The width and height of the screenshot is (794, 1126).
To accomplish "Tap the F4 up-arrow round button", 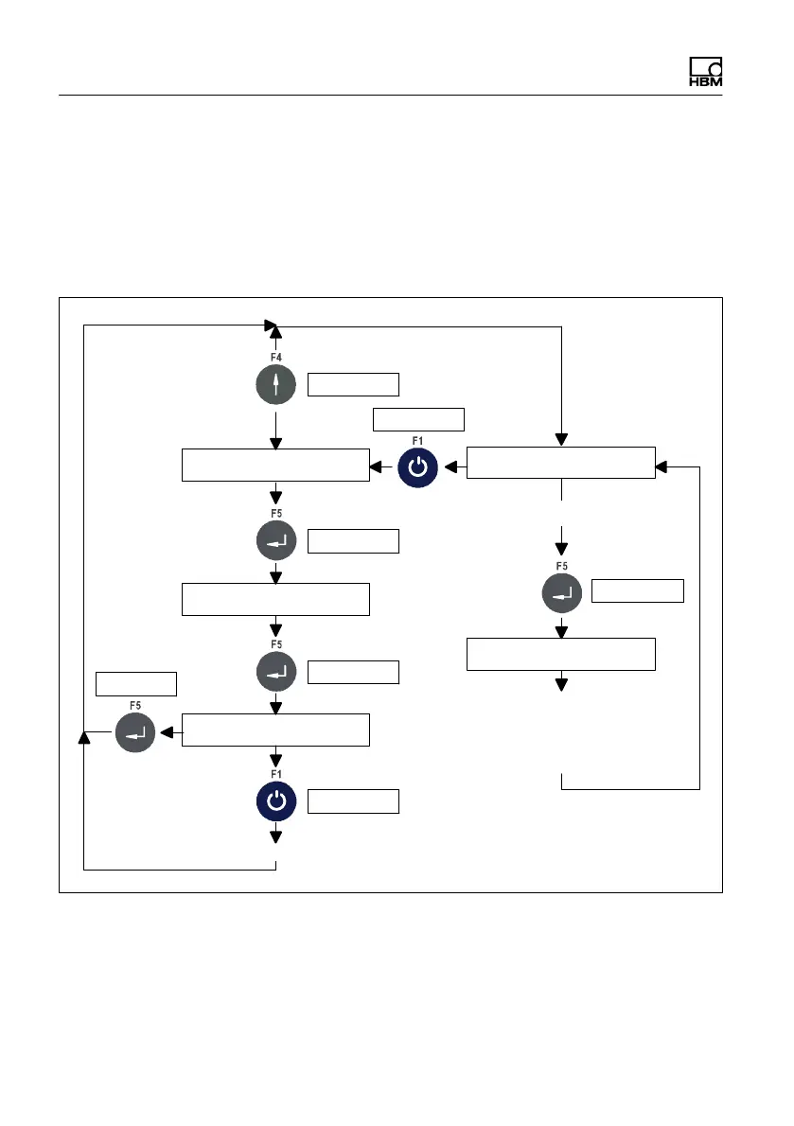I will point(275,384).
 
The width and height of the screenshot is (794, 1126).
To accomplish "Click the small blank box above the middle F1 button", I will point(419,420).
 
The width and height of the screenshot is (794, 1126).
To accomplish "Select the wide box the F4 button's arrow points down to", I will point(275,466).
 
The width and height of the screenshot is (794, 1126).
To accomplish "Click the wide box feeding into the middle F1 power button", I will point(560,463).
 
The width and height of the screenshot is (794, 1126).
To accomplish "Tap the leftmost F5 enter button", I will point(135,731).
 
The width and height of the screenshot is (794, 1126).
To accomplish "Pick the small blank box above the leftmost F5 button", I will point(137,683).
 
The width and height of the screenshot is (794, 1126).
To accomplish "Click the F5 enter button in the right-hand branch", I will point(560,594).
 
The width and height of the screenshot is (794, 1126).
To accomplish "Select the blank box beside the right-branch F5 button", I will point(637,591).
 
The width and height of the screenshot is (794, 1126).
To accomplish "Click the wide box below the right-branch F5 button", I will point(560,654).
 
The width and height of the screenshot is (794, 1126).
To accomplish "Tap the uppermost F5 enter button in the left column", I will point(275,541).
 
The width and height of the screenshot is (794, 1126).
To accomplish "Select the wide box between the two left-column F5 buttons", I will point(275,600).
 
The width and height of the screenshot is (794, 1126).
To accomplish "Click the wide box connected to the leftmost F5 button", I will point(275,730).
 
